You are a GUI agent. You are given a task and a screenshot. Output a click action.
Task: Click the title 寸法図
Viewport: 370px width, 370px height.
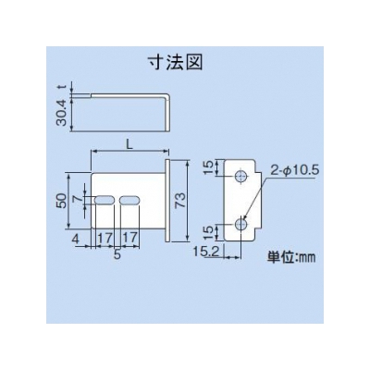pos(176,63)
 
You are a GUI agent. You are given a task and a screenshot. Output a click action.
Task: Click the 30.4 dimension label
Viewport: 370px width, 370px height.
pos(61,113)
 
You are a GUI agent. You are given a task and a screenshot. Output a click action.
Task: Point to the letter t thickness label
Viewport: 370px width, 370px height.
pos(62,88)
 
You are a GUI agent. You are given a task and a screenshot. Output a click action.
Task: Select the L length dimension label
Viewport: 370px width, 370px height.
pos(129,144)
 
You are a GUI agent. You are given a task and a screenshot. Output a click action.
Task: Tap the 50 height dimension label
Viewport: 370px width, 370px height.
pos(61,201)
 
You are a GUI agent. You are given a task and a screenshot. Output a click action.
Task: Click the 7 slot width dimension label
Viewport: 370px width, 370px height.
pos(80,200)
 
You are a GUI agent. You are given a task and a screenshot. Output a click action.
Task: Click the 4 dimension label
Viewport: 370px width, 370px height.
pos(77,239)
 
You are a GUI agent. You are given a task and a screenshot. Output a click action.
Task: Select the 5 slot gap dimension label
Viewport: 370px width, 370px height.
pos(117,254)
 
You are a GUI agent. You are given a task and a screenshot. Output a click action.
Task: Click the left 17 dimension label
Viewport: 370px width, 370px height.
pos(105,238)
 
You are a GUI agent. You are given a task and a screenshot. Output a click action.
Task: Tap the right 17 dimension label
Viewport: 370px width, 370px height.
pos(129,238)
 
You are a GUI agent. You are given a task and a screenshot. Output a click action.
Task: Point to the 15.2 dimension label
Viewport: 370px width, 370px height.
pos(206,252)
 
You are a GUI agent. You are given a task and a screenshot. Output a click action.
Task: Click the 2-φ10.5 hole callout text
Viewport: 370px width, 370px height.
pos(294,170)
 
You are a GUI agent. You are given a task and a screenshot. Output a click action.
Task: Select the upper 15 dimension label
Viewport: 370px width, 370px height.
pos(209,167)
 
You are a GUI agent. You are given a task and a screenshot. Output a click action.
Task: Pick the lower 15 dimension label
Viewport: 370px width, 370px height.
pos(209,233)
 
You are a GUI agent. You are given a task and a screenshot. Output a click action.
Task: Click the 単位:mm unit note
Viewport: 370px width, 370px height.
pos(291,257)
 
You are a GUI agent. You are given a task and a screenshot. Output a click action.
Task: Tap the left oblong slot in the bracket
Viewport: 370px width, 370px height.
pos(105,200)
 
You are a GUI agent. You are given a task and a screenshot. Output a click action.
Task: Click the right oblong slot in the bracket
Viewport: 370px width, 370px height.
pos(129,200)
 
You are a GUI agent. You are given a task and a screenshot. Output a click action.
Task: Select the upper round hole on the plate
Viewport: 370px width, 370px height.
pos(240,177)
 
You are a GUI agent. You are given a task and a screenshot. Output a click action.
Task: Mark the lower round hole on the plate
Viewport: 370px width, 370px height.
pos(240,224)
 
